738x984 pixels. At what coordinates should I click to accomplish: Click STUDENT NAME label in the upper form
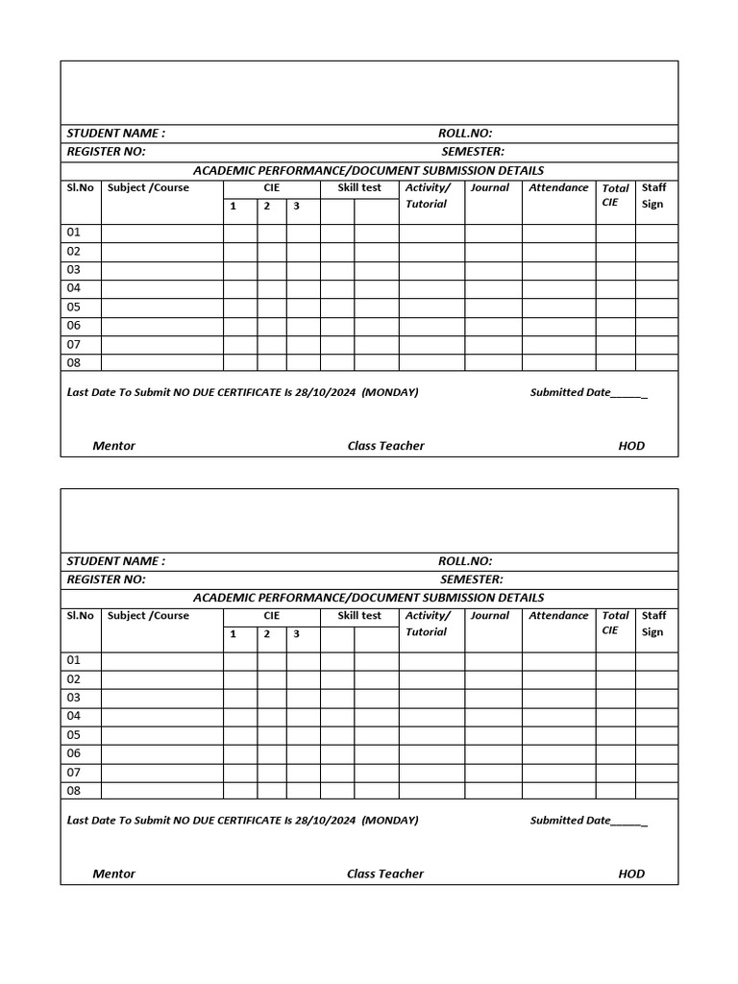(x=115, y=134)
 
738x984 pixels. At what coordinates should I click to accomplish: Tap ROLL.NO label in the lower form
(x=465, y=561)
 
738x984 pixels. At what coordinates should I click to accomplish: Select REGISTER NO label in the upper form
(x=106, y=152)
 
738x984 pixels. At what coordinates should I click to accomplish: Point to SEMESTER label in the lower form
(x=471, y=579)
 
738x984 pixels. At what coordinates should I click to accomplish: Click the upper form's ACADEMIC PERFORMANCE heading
(x=368, y=170)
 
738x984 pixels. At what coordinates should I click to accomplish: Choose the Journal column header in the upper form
(x=489, y=187)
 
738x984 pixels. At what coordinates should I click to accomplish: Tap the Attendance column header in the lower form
(x=558, y=616)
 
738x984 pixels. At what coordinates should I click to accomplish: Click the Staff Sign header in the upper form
(x=653, y=195)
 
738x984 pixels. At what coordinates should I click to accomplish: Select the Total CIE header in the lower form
(x=615, y=623)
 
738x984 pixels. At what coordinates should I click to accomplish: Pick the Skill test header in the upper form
(x=359, y=187)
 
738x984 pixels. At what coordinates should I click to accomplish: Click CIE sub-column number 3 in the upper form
(x=297, y=206)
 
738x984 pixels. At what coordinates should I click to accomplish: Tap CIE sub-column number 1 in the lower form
(x=233, y=634)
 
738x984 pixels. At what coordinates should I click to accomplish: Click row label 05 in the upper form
(x=74, y=307)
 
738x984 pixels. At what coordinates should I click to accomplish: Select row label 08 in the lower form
(x=74, y=791)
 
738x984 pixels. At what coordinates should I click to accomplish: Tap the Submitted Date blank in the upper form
(x=628, y=393)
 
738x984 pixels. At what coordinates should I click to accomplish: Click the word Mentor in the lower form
(x=113, y=873)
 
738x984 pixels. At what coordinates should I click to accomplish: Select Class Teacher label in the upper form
(x=385, y=446)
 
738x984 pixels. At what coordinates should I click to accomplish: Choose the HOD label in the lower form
(x=631, y=873)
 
